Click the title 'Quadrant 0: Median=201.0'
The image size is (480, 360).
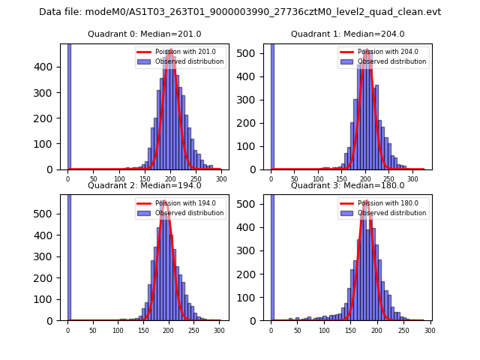pyautogui.click(x=145, y=34)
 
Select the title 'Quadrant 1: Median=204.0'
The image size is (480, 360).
pyautogui.click(x=347, y=34)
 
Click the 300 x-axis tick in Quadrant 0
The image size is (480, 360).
pyautogui.click(x=221, y=179)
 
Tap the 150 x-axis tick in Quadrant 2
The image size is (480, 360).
pyautogui.click(x=118, y=330)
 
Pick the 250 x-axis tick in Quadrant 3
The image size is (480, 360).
pyautogui.click(x=403, y=330)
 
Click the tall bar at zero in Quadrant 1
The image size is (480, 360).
pyautogui.click(x=271, y=105)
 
